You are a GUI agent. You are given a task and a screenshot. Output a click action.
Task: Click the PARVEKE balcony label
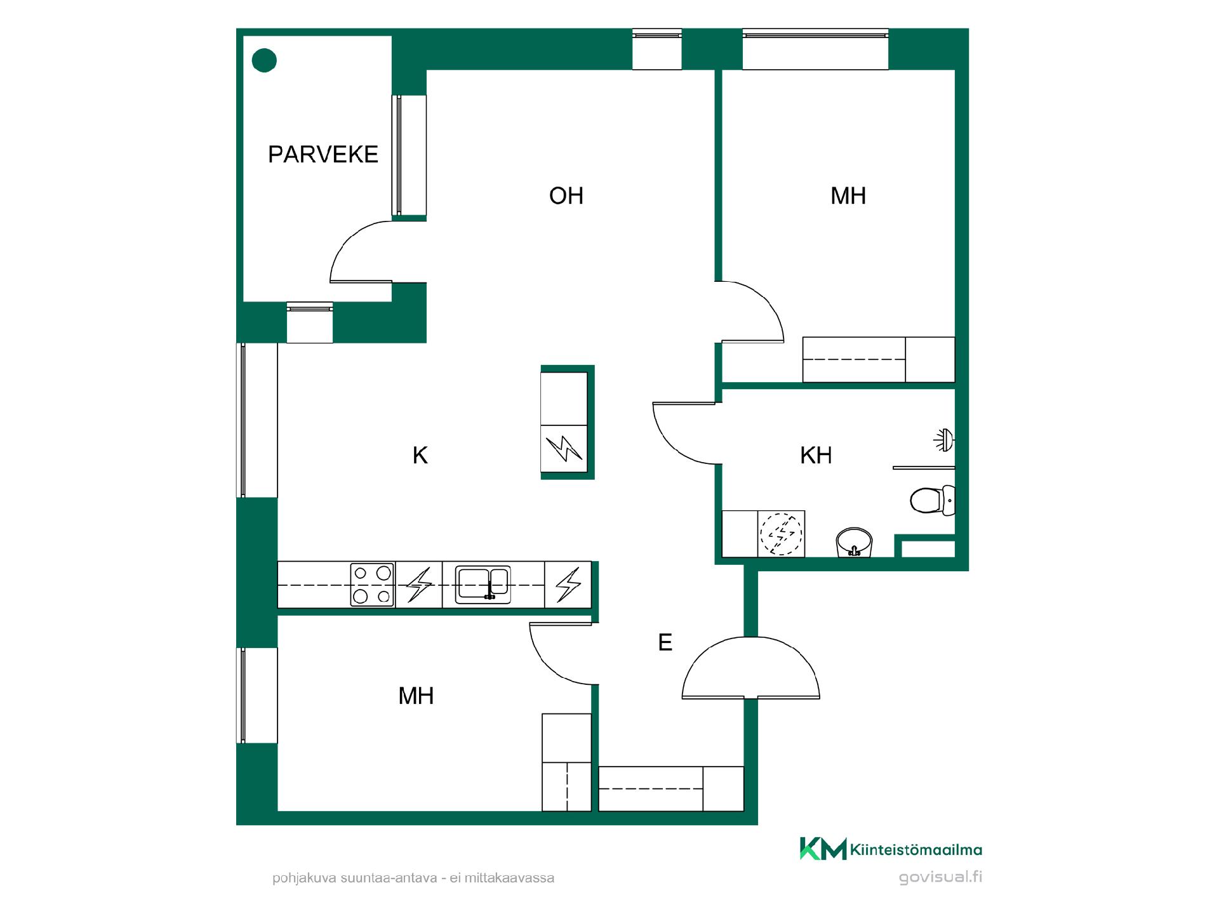[323, 154]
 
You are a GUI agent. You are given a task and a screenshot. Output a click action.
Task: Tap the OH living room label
[566, 196]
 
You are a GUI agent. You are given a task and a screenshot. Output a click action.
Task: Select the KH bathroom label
[816, 455]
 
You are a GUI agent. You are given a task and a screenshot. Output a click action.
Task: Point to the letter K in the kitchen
[420, 455]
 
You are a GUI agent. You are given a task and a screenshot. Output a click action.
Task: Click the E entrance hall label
[665, 643]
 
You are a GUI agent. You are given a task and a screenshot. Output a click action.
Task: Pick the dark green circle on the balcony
[265, 61]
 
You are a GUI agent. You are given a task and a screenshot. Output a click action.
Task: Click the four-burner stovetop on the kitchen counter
[373, 584]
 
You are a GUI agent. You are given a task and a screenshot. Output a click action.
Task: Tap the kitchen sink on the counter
[483, 584]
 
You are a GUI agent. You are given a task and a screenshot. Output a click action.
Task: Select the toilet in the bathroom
[932, 500]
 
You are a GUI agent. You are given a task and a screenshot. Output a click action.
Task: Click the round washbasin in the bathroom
[855, 543]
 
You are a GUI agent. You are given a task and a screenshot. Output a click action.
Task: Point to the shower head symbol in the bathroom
[944, 440]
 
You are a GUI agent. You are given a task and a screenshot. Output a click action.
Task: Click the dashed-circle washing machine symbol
[782, 534]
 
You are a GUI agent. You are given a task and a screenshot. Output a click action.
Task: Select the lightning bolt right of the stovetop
[419, 585]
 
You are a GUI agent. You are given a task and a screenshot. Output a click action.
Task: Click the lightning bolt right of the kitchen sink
[568, 585]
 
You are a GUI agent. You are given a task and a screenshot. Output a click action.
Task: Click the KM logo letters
[823, 849]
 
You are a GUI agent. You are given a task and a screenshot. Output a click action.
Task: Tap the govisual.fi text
[940, 878]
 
